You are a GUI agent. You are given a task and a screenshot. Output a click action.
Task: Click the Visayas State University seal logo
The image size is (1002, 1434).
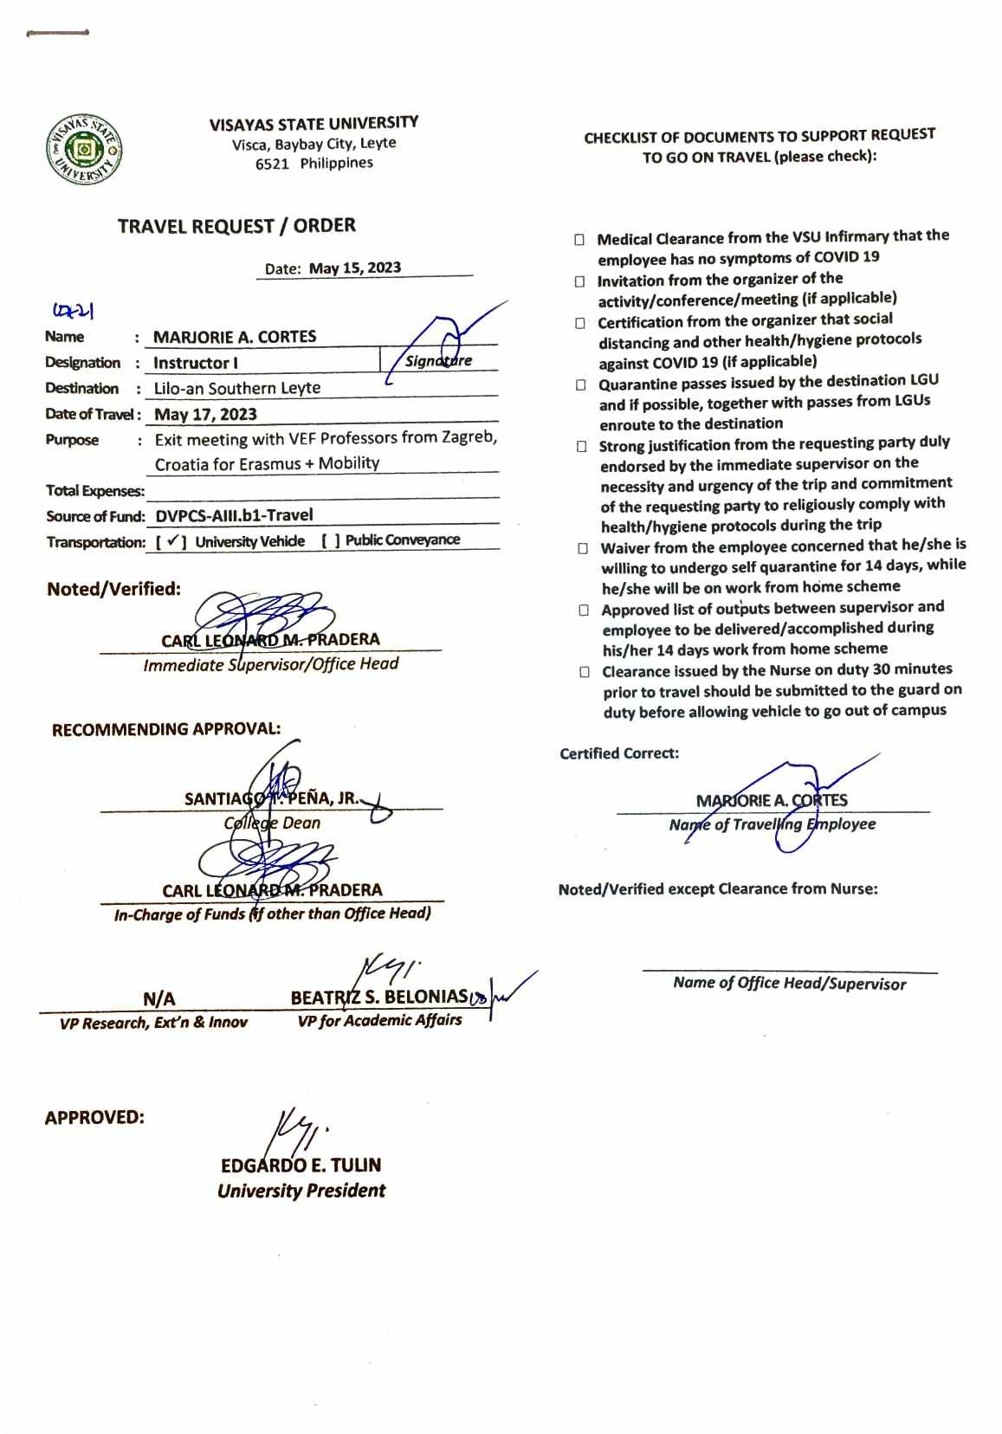[84, 150]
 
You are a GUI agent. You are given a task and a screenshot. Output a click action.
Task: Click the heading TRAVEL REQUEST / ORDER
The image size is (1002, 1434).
[236, 226]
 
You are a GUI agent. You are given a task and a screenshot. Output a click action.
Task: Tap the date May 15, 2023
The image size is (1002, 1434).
[355, 268]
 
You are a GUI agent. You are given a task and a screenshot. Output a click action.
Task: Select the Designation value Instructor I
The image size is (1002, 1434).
[196, 363]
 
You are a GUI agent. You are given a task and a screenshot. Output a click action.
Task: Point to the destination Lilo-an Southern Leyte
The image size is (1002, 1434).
[237, 389]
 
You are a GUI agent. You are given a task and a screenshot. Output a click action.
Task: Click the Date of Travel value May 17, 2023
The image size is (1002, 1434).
[205, 415]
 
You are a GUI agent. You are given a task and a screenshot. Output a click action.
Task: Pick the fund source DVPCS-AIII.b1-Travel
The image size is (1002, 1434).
[234, 515]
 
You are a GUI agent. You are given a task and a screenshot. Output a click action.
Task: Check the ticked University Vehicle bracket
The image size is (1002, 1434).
[172, 542]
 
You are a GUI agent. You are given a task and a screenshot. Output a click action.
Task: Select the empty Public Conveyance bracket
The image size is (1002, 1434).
[330, 541]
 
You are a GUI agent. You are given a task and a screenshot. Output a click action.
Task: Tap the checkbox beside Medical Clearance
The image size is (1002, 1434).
[579, 240]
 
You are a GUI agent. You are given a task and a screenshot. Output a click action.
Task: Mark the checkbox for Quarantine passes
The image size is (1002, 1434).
[581, 384]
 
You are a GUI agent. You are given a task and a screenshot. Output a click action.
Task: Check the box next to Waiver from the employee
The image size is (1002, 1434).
[583, 548]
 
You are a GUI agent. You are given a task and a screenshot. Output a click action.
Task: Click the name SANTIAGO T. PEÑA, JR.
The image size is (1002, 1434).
[271, 798]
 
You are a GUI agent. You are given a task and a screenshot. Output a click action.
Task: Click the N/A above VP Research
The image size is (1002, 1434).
[158, 999]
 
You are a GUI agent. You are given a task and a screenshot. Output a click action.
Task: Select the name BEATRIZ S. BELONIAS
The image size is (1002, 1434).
[378, 998]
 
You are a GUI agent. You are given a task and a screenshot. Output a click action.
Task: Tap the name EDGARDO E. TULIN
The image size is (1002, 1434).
[301, 1166]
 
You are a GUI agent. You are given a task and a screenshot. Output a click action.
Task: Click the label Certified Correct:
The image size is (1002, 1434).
[619, 753]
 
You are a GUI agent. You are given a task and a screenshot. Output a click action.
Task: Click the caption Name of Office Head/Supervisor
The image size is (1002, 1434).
[789, 983]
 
